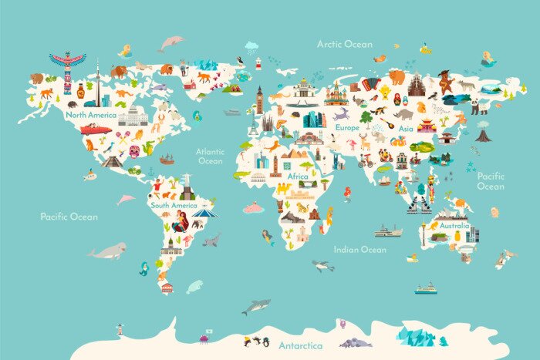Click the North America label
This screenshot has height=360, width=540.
coord(91,115)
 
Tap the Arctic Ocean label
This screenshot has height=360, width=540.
coord(344,44)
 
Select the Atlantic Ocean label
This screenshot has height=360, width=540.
coord(210,156)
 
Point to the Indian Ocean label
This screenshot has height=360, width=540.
coord(359,249)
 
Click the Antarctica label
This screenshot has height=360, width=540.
coord(301,345)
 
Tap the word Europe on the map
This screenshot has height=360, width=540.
coord(347,127)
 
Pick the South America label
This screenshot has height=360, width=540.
coord(174,206)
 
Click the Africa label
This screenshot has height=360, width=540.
coord(298,177)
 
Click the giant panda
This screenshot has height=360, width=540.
coord(478,106)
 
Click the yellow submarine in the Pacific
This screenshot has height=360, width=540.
coord(89,175)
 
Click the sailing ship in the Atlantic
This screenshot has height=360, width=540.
coord(167,158)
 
